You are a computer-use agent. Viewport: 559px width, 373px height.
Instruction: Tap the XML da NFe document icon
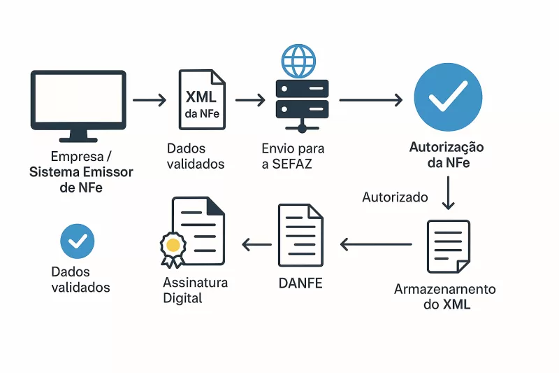pyautogui.click(x=203, y=99)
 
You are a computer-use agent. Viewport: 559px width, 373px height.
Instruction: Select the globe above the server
pyautogui.click(x=298, y=60)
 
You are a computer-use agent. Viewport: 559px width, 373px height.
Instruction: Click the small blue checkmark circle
pyautogui.click(x=78, y=241)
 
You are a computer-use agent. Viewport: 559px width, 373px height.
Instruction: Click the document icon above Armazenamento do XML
pyautogui.click(x=448, y=246)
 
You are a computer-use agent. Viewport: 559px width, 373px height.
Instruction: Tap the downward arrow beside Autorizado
pyautogui.click(x=449, y=193)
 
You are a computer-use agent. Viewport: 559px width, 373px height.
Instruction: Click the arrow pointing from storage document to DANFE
pyautogui.click(x=376, y=244)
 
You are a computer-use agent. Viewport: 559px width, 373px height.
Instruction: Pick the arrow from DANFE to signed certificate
pyautogui.click(x=256, y=244)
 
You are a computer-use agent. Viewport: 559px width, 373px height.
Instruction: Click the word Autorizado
pyautogui.click(x=395, y=197)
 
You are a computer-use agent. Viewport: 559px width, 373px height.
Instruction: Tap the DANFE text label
pyautogui.click(x=300, y=284)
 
